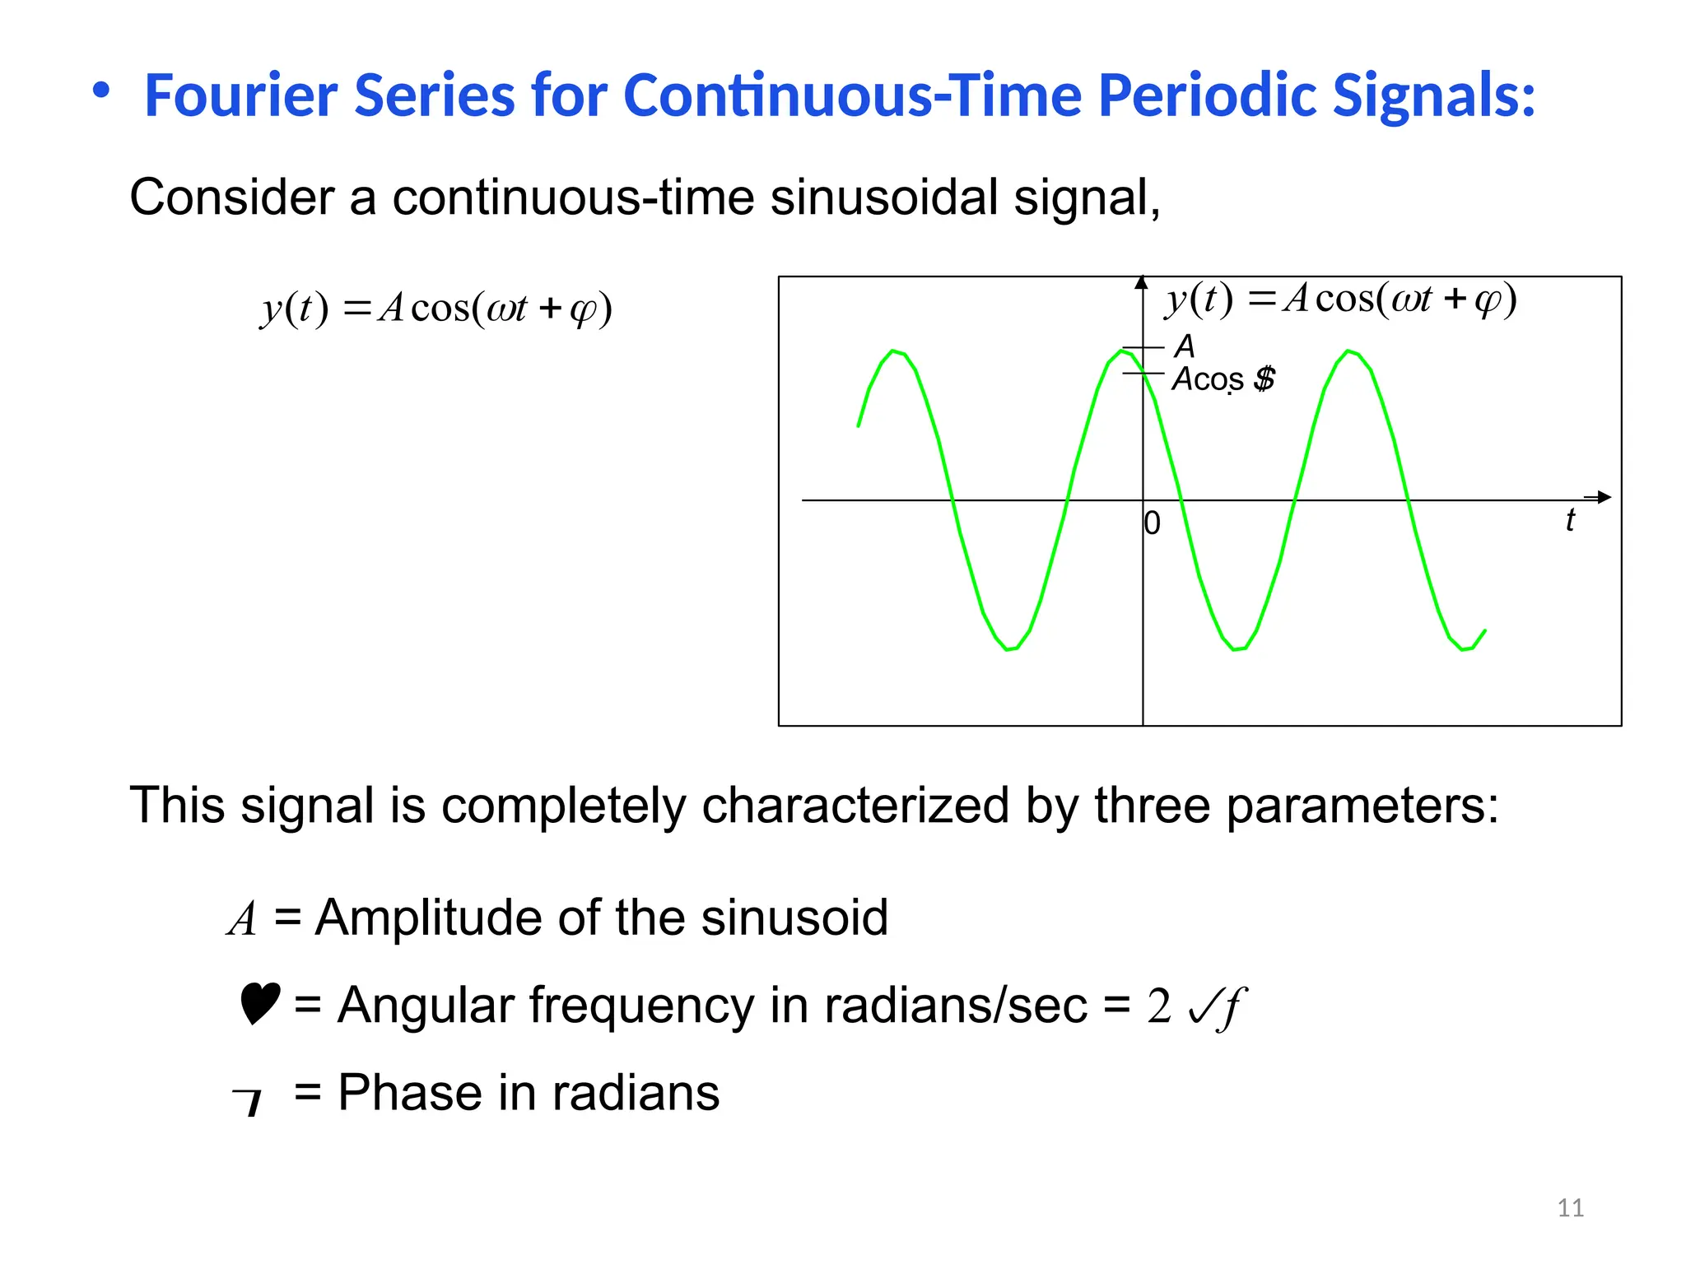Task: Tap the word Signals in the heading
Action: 1432,95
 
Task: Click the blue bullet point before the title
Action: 100,90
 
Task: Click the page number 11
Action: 1570,1208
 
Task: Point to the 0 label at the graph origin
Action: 1153,523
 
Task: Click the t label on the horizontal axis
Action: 1570,520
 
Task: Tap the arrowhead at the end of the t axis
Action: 1603,497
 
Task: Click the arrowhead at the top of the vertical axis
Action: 1141,282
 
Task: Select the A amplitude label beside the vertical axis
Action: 1185,346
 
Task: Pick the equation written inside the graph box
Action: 1340,299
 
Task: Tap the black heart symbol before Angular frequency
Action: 259,1003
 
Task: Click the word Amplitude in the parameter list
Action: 428,918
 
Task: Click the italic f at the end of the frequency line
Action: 1232,1006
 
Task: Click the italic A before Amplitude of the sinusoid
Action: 242,918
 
